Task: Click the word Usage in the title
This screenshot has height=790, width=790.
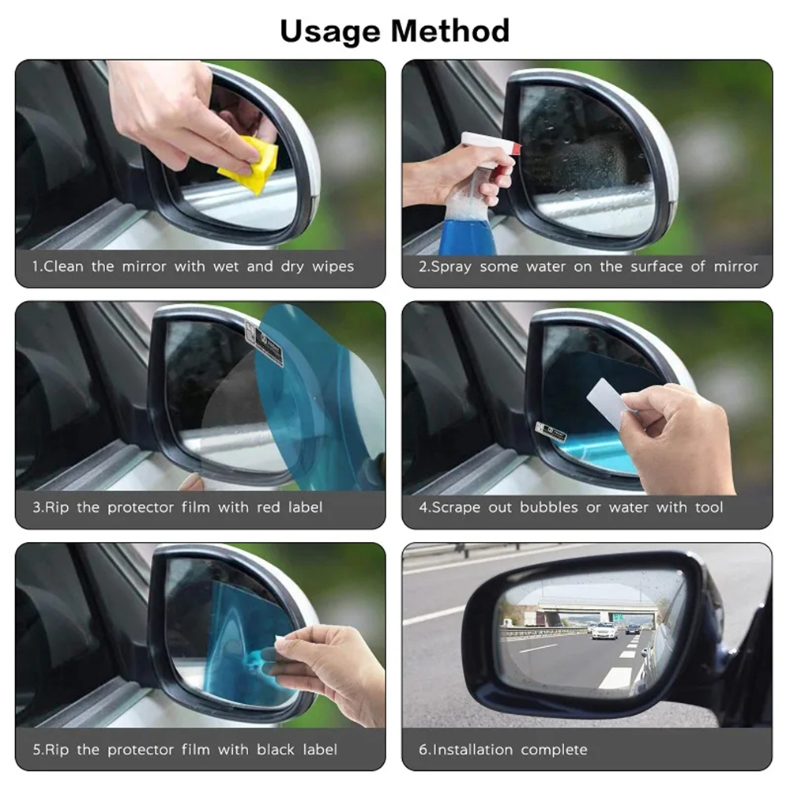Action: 330,32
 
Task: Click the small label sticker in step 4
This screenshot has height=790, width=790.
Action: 550,432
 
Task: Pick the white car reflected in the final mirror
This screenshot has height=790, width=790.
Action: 604,630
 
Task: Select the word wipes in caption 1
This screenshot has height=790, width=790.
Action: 333,266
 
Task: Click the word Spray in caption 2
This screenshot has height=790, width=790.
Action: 450,267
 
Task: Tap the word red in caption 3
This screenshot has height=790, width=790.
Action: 268,507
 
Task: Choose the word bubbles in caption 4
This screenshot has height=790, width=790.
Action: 549,507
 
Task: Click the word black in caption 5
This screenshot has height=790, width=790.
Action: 276,749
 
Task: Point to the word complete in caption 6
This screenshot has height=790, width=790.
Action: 554,750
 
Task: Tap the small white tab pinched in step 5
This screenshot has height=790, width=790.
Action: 280,641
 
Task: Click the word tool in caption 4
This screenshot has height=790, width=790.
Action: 709,507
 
